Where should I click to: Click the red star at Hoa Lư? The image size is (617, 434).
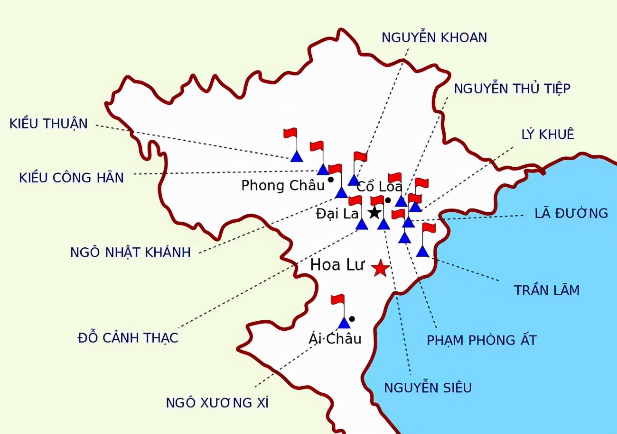click(x=380, y=269)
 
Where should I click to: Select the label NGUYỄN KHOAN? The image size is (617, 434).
click(x=434, y=37)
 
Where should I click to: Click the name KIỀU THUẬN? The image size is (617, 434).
click(x=48, y=124)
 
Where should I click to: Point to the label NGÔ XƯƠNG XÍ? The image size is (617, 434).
click(x=217, y=403)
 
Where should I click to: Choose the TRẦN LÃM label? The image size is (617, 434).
click(x=547, y=290)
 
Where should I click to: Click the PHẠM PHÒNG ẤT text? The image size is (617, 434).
click(x=482, y=340)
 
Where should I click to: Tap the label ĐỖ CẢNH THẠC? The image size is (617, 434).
click(x=128, y=338)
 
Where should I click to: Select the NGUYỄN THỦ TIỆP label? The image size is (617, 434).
click(x=512, y=89)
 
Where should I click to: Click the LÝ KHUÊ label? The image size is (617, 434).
click(x=547, y=135)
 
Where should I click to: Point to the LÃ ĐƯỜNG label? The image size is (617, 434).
click(x=571, y=213)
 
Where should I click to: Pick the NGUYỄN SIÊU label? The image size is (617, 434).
click(x=428, y=388)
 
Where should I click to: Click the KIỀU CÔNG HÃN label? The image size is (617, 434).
click(x=71, y=178)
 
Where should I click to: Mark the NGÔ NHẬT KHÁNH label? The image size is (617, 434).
click(x=131, y=252)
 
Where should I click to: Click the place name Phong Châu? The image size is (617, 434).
click(x=282, y=185)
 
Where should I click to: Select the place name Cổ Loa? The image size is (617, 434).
click(x=379, y=187)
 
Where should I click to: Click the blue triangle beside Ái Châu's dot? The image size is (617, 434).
click(x=344, y=323)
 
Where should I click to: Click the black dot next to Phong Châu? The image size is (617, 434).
click(x=330, y=180)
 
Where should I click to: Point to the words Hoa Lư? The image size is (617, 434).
click(x=337, y=265)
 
